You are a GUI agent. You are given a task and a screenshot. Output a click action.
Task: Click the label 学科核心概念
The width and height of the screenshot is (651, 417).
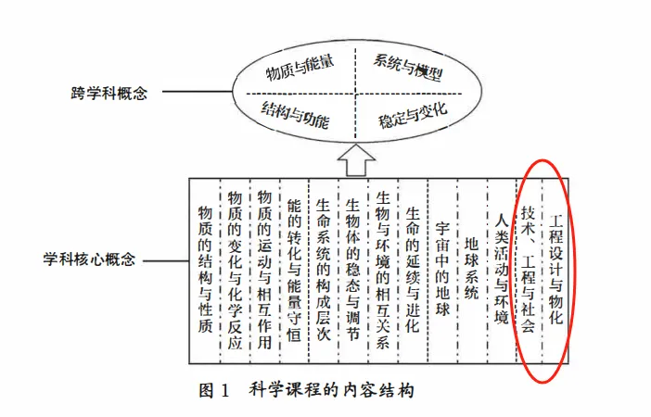[x=90, y=259]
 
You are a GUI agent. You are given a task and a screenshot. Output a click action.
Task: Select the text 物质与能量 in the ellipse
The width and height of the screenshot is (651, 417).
[x=300, y=70]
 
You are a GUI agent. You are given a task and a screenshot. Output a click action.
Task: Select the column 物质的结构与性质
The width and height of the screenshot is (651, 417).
[x=205, y=269]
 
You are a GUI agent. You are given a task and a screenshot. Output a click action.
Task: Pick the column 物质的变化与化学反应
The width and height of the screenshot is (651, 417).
[x=235, y=269]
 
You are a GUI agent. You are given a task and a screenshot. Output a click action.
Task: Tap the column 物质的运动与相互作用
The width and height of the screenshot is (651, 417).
[x=264, y=269]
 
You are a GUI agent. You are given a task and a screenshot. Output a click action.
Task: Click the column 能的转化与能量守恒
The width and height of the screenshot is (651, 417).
[x=294, y=269]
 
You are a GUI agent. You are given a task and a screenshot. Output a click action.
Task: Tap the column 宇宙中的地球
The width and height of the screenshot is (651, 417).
[x=442, y=269]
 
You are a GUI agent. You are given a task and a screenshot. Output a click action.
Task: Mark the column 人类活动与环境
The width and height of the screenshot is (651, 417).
[x=501, y=269]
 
